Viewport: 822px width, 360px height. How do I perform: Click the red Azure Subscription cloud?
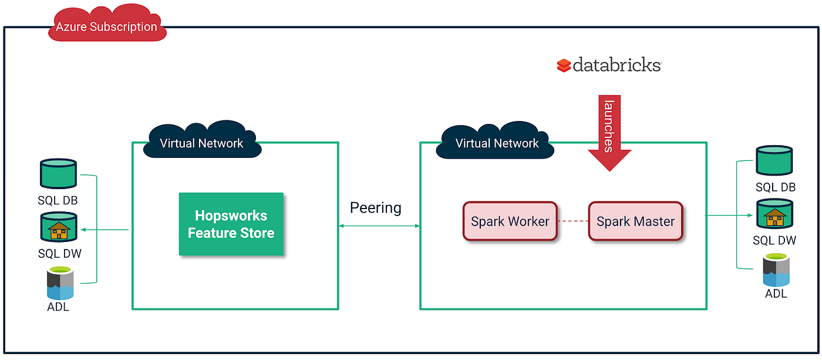[x=106, y=26]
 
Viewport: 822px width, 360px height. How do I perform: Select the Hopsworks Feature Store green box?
[x=231, y=224]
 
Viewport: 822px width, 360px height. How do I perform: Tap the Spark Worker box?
[x=510, y=221]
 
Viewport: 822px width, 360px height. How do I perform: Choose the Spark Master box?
[x=635, y=221]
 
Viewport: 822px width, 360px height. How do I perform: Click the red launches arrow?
[x=609, y=132]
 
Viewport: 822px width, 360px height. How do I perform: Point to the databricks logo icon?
[x=564, y=65]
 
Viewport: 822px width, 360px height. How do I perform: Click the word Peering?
[x=376, y=208]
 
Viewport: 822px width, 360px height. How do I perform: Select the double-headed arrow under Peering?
[x=379, y=226]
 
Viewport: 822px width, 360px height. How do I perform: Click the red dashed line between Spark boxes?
[x=572, y=221]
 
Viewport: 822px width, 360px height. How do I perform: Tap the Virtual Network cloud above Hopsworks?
[x=201, y=142]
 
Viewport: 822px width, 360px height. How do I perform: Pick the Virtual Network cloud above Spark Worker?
[x=497, y=142]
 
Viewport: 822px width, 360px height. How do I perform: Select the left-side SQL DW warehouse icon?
[x=58, y=228]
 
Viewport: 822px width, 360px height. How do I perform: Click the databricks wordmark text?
[x=617, y=65]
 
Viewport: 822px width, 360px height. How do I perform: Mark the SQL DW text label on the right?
[x=774, y=240]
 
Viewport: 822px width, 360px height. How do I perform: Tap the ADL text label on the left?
[x=58, y=307]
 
